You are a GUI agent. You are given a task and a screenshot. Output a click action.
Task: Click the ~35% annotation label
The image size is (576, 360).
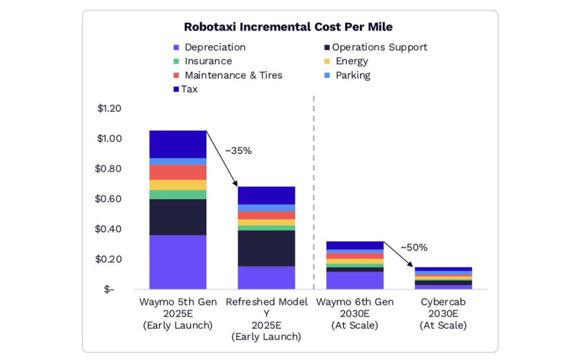(x=238, y=151)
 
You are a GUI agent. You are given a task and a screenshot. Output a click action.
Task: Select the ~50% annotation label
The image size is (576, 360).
(x=414, y=247)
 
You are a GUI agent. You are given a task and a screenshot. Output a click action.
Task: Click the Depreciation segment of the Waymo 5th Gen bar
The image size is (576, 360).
(x=178, y=262)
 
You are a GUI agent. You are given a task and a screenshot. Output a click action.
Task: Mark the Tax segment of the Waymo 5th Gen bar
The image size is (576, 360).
(x=178, y=144)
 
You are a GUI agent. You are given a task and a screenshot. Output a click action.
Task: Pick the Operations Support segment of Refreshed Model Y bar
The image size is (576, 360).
(x=267, y=248)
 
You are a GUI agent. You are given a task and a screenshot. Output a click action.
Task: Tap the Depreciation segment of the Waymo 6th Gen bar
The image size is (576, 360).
(x=355, y=280)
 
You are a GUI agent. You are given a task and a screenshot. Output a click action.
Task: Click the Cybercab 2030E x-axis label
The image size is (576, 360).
(x=443, y=314)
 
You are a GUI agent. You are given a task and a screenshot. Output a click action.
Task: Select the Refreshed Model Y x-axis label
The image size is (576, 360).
(x=267, y=319)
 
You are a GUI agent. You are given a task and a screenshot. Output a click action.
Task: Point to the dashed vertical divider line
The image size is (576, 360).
(x=313, y=191)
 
